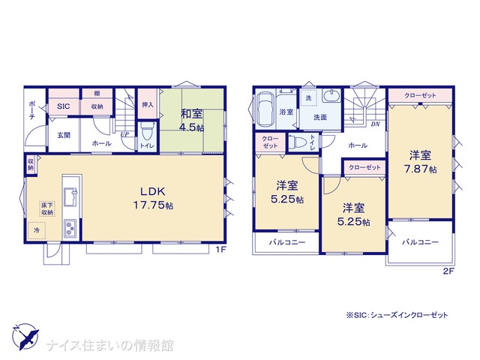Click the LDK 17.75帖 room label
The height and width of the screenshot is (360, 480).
153,198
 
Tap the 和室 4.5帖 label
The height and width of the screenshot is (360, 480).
192,120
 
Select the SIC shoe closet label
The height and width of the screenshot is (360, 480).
63,106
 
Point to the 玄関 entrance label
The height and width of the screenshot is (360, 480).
64,135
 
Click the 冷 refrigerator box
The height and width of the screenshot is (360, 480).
37,230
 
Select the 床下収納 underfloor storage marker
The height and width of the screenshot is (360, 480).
47,208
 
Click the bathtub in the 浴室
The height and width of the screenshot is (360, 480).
265,109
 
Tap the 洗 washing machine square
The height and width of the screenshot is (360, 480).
308,98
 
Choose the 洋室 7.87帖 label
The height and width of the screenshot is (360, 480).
421,162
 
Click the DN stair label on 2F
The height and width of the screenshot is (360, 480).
375,124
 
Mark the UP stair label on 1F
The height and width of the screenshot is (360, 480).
124,134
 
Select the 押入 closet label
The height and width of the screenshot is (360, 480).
148,105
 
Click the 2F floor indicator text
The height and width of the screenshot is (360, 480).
448,271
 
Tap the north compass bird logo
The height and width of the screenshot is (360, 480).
25,337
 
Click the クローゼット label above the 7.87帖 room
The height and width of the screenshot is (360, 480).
420,95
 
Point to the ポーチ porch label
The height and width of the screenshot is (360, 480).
32,109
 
